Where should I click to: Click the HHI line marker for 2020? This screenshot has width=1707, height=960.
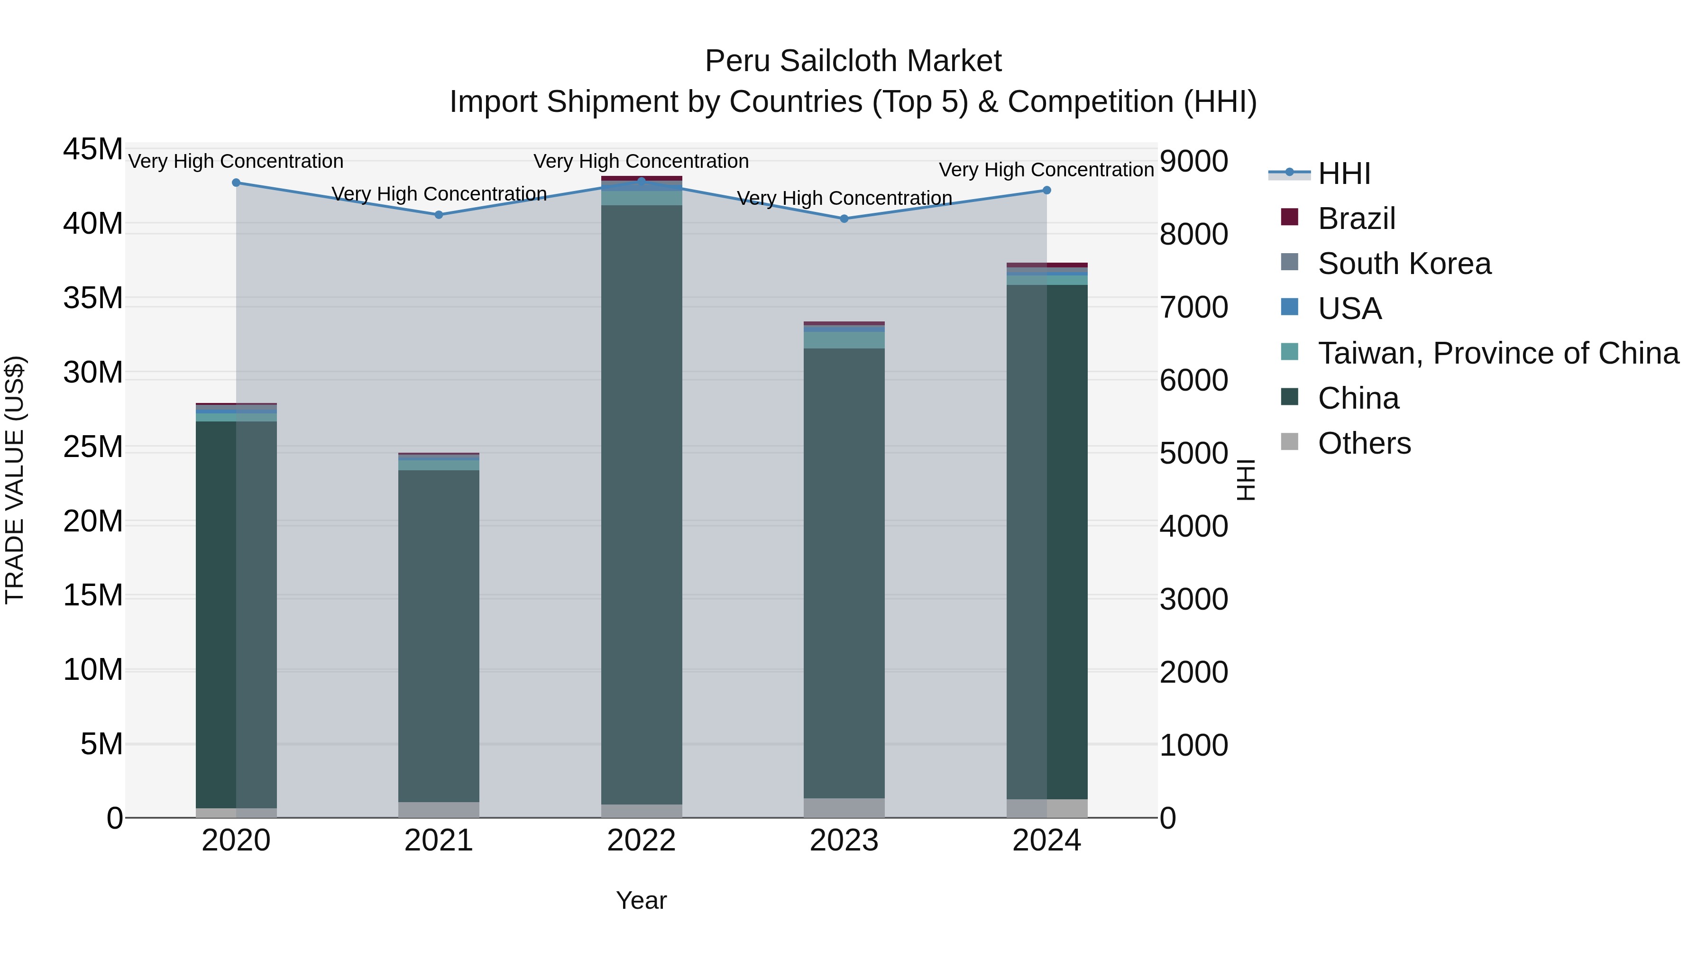(236, 183)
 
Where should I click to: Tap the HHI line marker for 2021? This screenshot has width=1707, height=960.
(439, 215)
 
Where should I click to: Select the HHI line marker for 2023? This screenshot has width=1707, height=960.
(844, 219)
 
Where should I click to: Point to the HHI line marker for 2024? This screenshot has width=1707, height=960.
(1047, 190)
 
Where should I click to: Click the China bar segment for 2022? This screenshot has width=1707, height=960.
(642, 503)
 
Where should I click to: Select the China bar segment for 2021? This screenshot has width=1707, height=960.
(439, 636)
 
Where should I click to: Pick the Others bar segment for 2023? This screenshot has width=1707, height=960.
(844, 808)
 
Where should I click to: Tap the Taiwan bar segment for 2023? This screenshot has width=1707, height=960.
(844, 340)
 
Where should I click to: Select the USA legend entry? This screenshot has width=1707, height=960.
(1350, 309)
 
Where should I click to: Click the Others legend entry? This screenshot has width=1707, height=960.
(1364, 443)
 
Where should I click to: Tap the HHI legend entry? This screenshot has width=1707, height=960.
(1344, 174)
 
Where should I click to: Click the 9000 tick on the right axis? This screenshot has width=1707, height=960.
(1193, 161)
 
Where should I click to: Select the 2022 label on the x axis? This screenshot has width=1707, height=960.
(642, 841)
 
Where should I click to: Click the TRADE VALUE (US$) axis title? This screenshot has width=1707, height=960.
(15, 480)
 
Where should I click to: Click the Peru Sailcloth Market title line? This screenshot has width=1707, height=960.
(853, 61)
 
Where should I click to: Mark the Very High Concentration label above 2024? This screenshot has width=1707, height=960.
(1046, 170)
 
